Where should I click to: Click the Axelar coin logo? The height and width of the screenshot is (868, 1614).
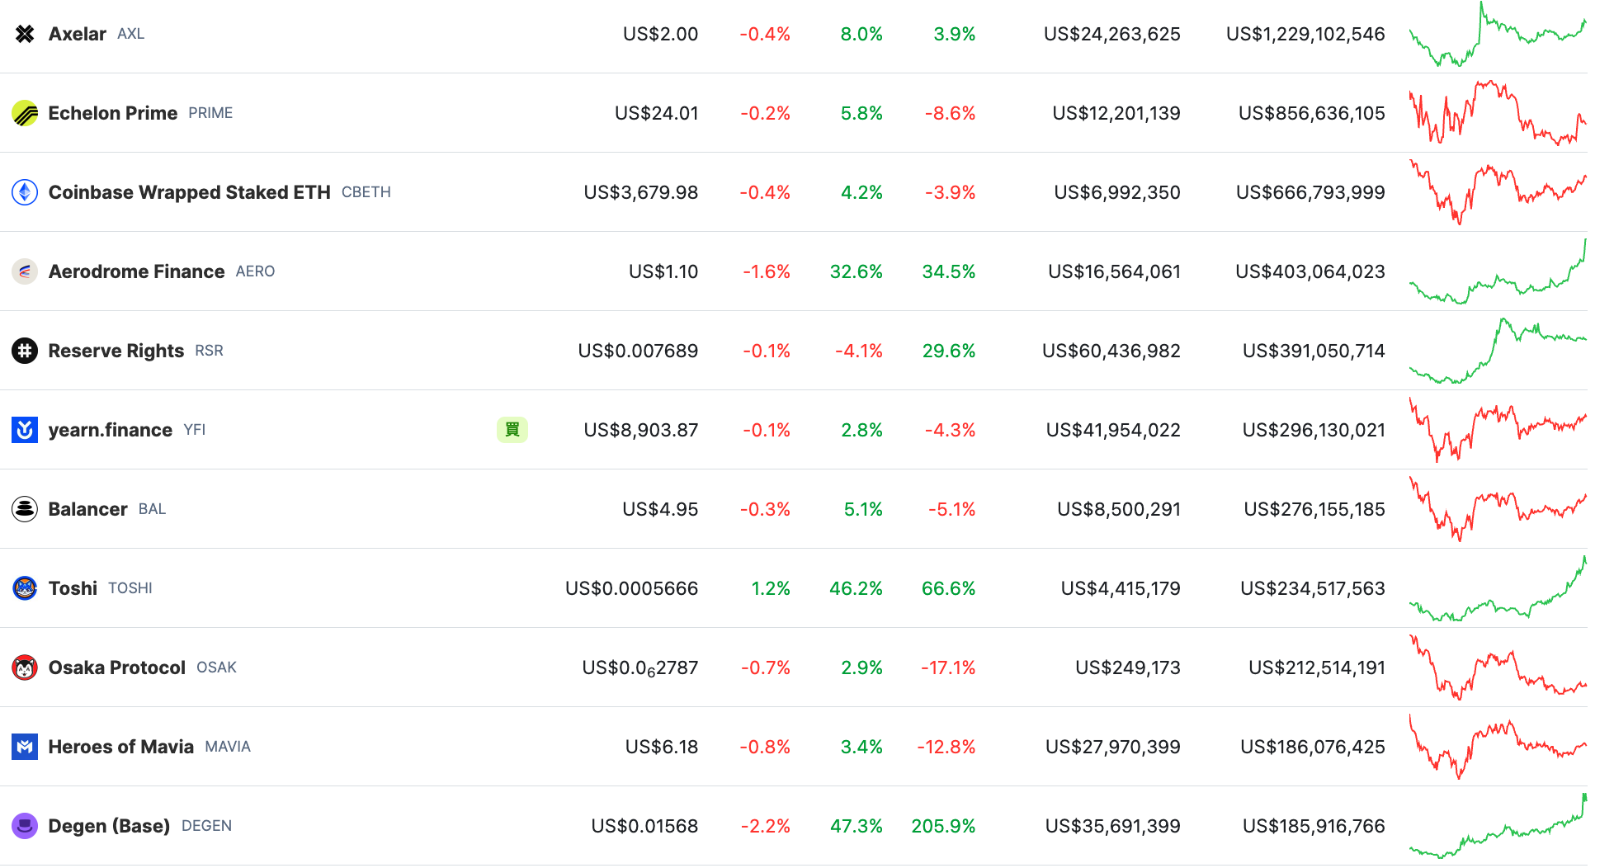click(25, 34)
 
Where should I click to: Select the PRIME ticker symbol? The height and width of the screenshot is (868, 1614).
click(210, 113)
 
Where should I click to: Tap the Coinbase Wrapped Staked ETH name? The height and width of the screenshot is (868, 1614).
click(189, 192)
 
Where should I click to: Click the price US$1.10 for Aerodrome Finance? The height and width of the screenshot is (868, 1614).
click(663, 271)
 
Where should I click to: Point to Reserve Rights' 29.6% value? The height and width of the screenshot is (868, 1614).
click(948, 351)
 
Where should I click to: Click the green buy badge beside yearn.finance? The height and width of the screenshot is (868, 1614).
click(512, 430)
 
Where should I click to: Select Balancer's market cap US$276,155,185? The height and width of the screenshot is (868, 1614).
click(1314, 509)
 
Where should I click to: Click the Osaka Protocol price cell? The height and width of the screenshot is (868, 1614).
click(639, 668)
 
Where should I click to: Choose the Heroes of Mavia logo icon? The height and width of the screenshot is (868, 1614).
click(25, 747)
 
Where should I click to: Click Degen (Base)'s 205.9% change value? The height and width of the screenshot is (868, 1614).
click(943, 826)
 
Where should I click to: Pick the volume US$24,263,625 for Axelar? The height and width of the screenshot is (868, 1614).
click(1111, 34)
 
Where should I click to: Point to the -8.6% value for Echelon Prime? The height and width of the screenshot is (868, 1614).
click(950, 113)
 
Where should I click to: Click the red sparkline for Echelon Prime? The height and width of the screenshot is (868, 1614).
click(1497, 113)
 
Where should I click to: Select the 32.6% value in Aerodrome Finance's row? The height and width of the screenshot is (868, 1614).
click(856, 271)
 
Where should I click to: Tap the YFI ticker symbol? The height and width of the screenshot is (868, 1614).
click(195, 430)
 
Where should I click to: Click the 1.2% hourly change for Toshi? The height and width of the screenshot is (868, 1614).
click(770, 588)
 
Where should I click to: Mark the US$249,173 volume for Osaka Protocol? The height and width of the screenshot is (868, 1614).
click(1127, 668)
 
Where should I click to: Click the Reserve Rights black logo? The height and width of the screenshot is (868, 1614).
click(25, 351)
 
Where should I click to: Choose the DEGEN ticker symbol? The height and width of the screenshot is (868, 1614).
click(206, 826)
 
